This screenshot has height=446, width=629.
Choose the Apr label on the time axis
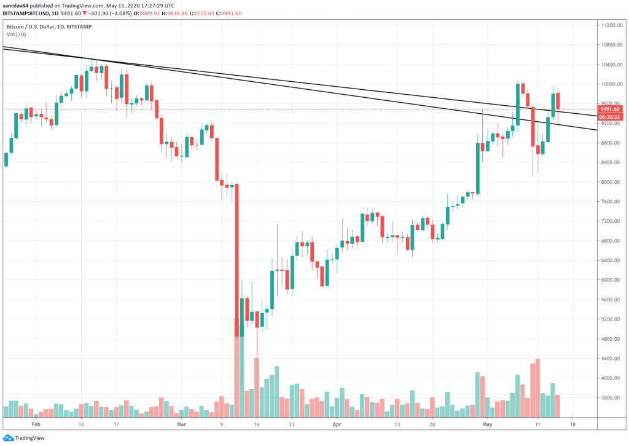[336, 424]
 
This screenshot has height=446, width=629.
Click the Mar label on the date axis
[181, 424]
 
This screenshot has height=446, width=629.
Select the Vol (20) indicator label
[17, 34]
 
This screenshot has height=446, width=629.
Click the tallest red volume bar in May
[537, 388]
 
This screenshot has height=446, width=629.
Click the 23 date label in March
[292, 424]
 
